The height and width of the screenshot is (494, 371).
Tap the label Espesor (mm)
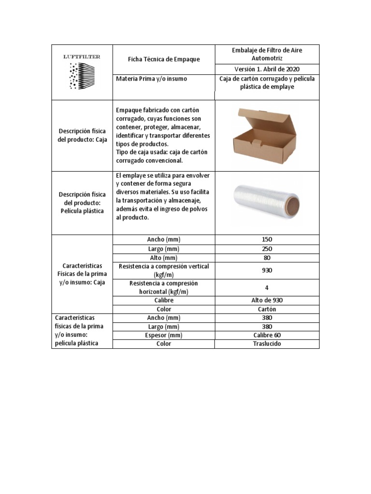pos(164,335)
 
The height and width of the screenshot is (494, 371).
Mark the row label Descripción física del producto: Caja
pos(82,136)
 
